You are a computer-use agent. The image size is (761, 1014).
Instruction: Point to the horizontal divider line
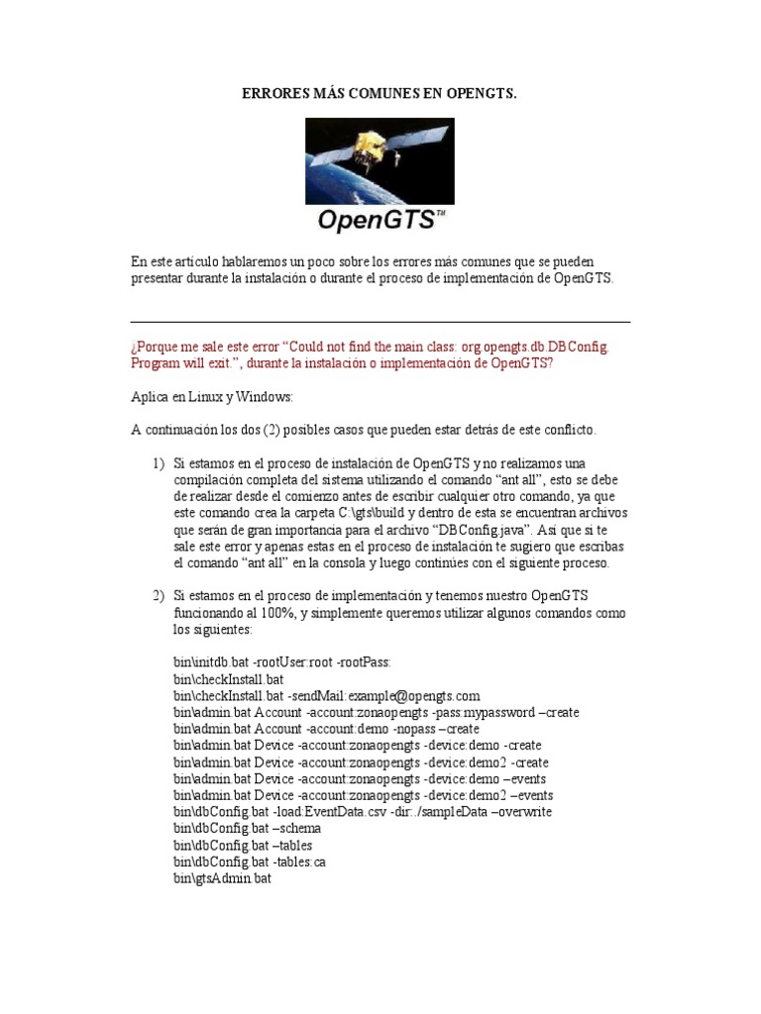(380, 322)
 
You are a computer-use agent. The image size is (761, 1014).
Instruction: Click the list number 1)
(158, 463)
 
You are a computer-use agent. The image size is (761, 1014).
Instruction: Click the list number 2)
(158, 595)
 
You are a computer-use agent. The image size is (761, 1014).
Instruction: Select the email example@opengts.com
(408, 696)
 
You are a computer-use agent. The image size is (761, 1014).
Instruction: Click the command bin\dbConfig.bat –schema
(247, 829)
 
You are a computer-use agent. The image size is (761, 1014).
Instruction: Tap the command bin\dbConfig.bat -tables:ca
(249, 862)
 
